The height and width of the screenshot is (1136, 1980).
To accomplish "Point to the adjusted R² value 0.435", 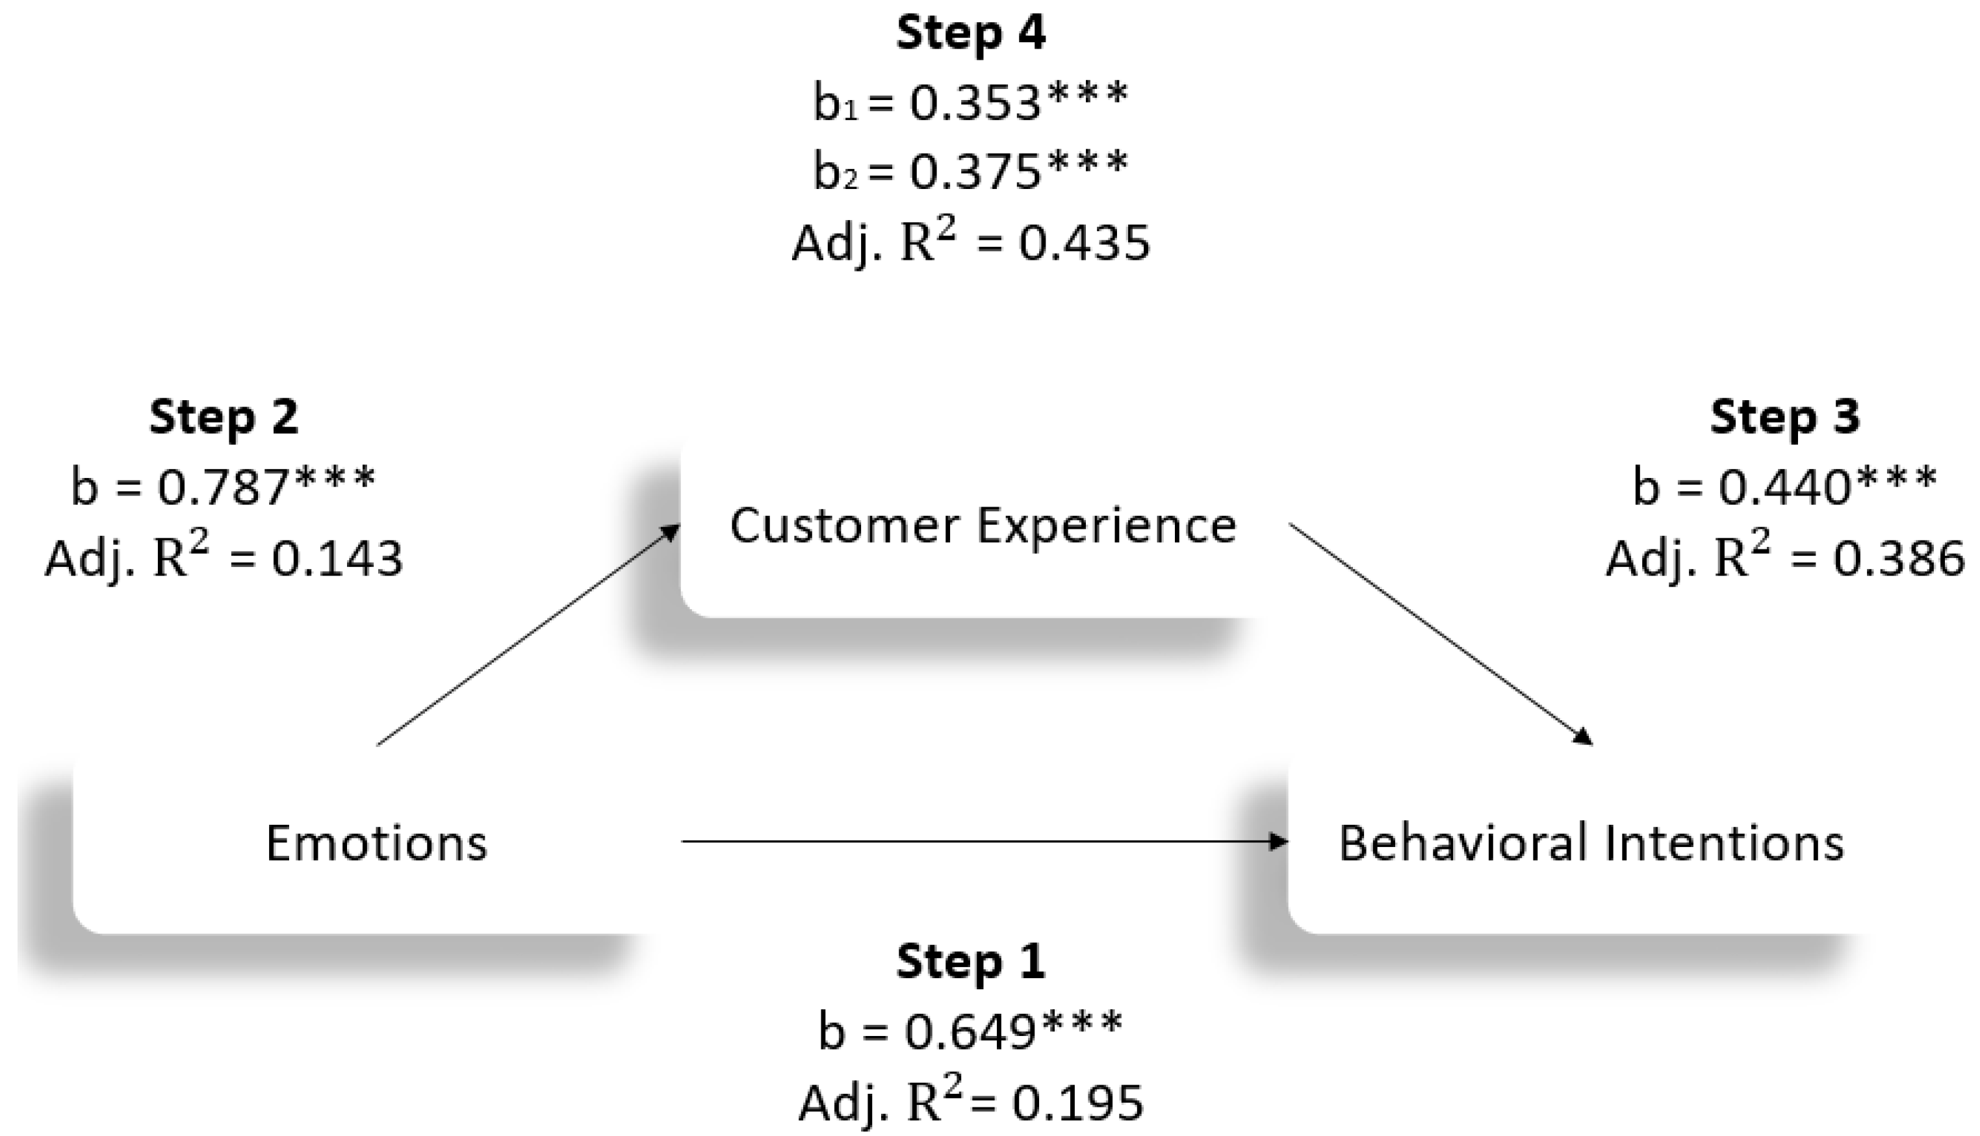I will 1084,244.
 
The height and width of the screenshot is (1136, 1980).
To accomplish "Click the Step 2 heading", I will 224,418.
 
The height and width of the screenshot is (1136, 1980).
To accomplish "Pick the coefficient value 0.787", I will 225,488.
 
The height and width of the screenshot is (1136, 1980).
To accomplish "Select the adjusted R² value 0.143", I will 337,559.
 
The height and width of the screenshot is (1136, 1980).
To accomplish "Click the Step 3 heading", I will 1785,418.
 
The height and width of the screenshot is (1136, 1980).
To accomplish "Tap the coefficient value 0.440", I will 1786,488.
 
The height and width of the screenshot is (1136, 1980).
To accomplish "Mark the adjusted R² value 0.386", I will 1898,559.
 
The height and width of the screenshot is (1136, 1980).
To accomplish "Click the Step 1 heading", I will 970,962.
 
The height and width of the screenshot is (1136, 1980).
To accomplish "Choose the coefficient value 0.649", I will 970,1031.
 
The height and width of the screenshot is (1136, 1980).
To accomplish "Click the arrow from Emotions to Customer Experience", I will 528,635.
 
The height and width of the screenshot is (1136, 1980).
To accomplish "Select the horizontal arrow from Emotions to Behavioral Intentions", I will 983,841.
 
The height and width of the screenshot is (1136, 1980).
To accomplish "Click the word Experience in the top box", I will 1107,527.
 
